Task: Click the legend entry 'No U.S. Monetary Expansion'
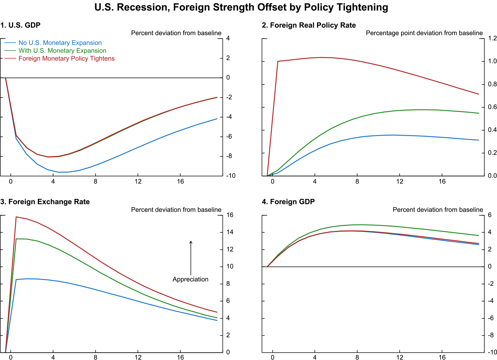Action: click(x=60, y=43)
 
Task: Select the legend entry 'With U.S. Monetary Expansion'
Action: click(x=62, y=51)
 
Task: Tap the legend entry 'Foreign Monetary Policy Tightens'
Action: click(x=66, y=59)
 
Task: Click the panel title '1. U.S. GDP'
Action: click(x=20, y=25)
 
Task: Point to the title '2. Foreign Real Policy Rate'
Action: click(x=309, y=25)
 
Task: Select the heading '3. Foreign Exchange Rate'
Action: click(x=45, y=202)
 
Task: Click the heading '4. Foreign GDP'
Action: click(x=288, y=202)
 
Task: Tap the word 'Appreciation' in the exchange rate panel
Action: click(x=191, y=279)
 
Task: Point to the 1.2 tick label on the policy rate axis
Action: click(x=492, y=39)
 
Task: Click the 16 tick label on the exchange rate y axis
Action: click(x=230, y=215)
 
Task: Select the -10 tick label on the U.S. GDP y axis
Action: click(x=231, y=176)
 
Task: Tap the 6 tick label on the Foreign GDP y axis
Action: click(x=490, y=215)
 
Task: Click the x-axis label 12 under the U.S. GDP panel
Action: click(x=138, y=181)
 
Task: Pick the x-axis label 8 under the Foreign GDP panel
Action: click(x=357, y=357)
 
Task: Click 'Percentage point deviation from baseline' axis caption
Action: click(x=424, y=33)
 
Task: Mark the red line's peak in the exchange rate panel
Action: click(x=16, y=217)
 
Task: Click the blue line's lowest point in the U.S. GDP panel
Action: click(x=59, y=172)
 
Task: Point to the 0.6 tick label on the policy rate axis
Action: click(x=492, y=107)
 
